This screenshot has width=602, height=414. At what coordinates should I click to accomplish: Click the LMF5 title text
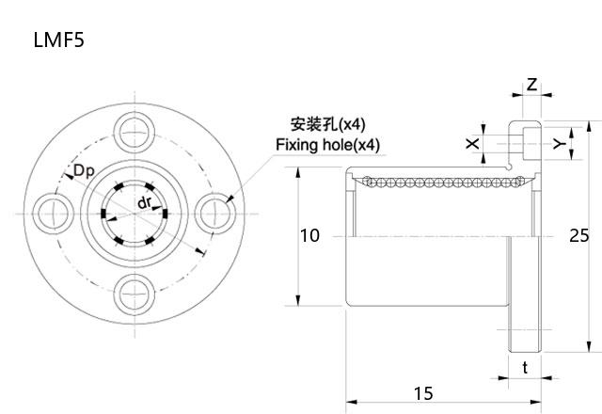tap(59, 40)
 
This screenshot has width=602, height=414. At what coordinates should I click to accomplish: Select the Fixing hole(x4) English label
tap(327, 145)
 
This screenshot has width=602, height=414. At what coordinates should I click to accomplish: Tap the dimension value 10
tap(310, 236)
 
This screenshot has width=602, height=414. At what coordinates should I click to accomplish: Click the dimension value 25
tap(579, 236)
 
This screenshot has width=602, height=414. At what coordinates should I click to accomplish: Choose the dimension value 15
tap(423, 391)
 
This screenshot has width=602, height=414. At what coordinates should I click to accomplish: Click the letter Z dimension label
tap(531, 85)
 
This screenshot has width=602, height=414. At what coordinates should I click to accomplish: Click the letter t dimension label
tap(524, 368)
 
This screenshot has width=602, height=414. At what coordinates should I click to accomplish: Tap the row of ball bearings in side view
tap(433, 180)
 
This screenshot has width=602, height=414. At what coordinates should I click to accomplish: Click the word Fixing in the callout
tap(296, 145)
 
